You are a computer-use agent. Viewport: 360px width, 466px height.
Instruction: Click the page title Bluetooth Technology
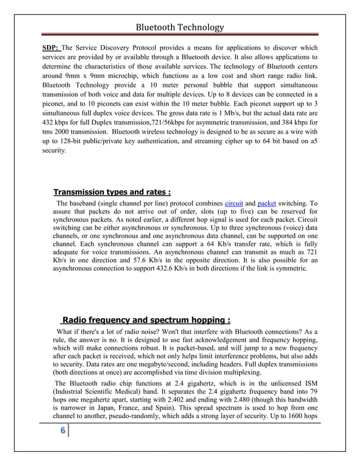click(180, 27)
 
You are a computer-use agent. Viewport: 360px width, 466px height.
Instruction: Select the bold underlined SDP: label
click(52, 47)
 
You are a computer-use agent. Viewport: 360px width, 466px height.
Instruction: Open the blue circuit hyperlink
click(234, 203)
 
